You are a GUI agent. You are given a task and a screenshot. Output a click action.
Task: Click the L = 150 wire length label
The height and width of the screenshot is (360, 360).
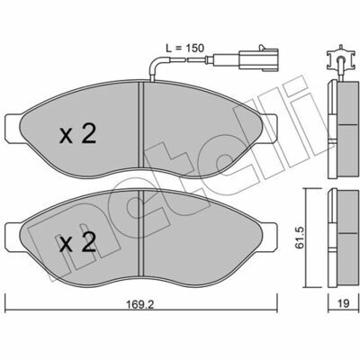pos(185,48)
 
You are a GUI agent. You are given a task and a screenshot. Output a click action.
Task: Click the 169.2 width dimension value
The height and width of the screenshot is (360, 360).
pos(139,304)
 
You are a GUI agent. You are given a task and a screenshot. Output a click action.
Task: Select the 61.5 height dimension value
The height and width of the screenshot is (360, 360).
pos(300,238)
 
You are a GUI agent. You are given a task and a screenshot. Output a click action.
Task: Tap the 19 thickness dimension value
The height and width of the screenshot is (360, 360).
pos(344,303)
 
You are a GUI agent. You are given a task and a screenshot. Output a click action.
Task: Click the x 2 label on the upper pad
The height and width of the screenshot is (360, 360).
pos(77,134)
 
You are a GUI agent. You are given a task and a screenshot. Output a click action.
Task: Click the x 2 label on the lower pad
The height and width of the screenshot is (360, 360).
pos(77,242)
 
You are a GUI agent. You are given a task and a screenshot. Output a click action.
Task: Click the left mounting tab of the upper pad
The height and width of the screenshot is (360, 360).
pos(13,128)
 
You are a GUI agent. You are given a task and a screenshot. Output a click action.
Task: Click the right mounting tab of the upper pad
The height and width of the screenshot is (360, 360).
pos(269,128)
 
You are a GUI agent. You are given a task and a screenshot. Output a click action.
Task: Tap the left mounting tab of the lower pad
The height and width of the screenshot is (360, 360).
pos(13,237)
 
